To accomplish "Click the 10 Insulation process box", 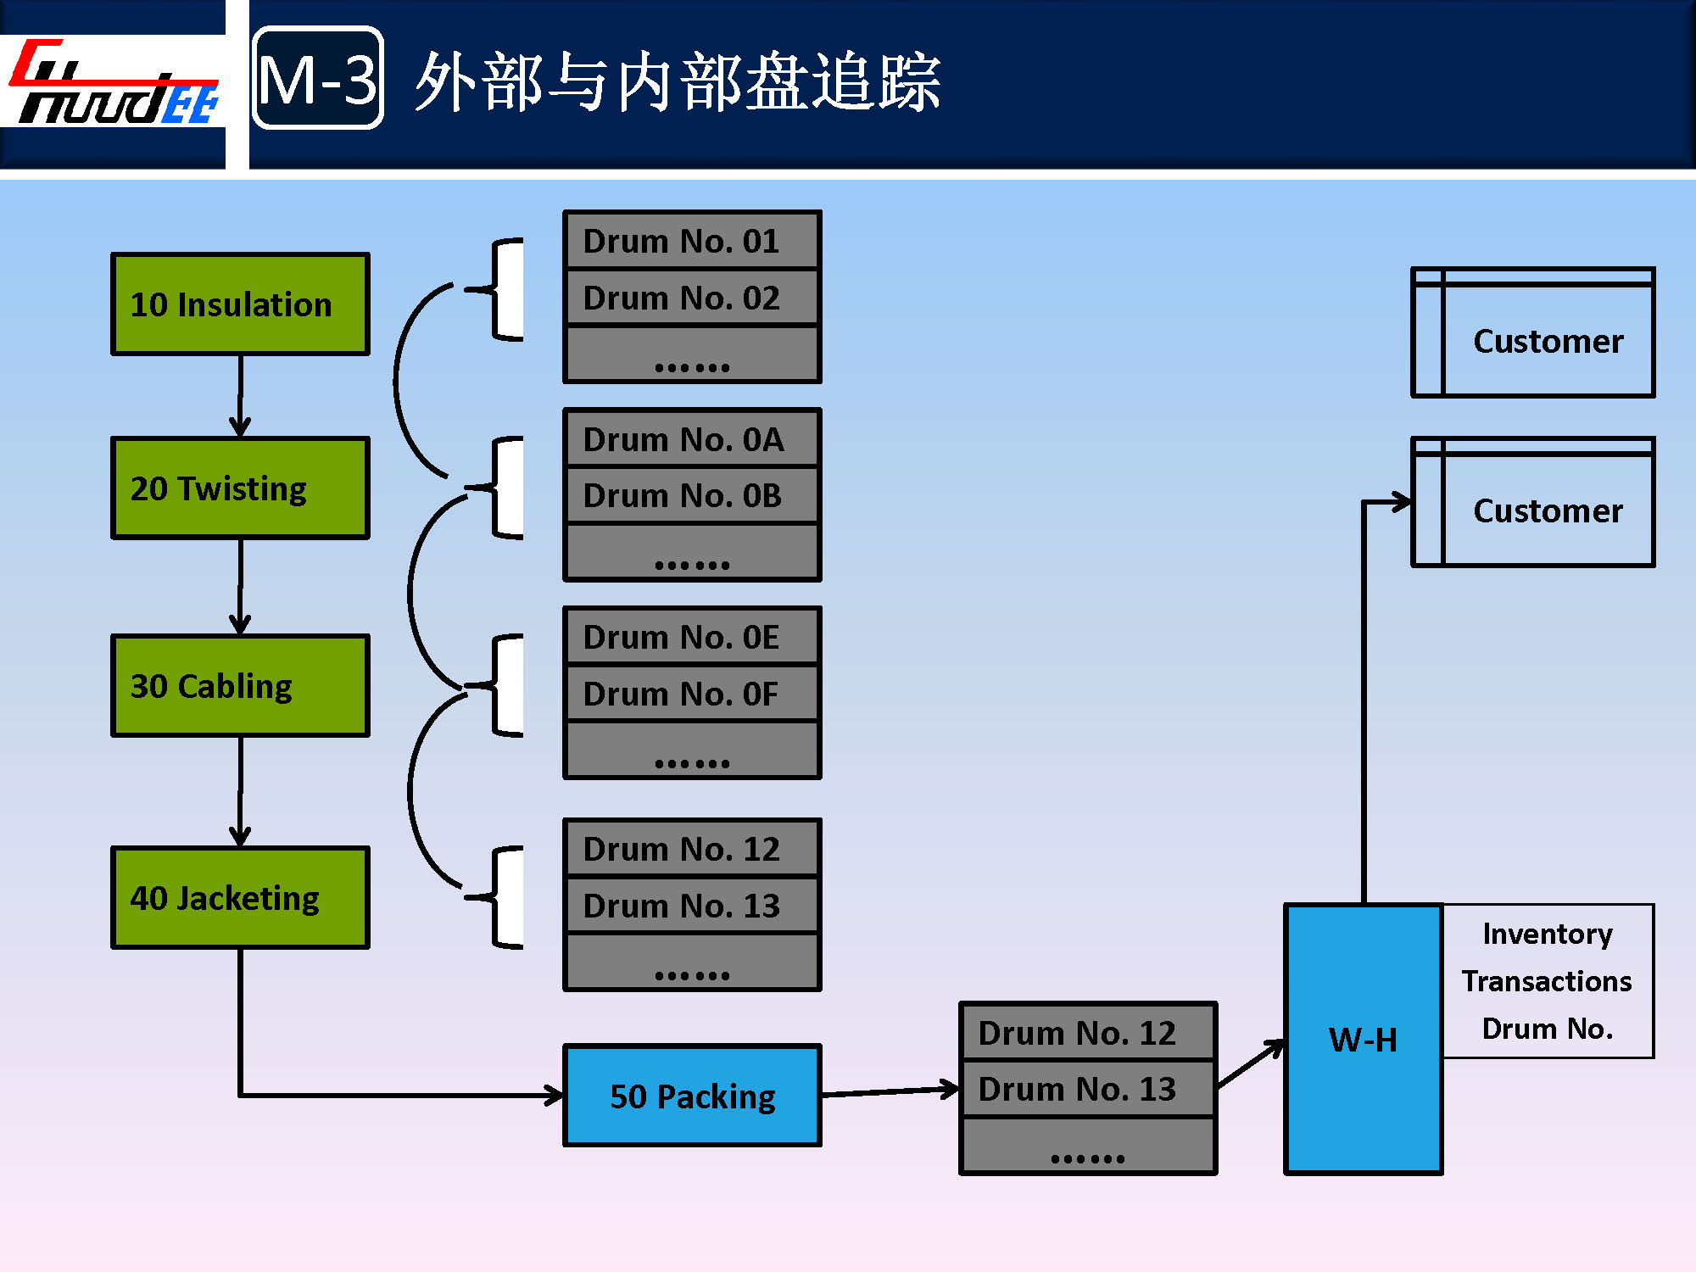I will [240, 304].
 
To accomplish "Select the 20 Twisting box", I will [240, 488].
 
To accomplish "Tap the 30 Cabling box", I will [240, 685].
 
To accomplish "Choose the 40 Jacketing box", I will [240, 897].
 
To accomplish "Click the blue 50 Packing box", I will [692, 1096].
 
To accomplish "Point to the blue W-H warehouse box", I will [1363, 1039].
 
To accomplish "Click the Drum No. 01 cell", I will [692, 241].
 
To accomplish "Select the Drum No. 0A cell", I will [692, 439].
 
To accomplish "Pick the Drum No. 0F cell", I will [692, 694].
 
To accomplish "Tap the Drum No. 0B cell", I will [692, 496].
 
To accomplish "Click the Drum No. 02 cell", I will [692, 298].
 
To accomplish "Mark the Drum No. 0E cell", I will [692, 637].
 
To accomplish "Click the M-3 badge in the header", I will [318, 79].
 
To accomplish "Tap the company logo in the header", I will [114, 83].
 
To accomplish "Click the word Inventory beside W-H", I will [1547, 934].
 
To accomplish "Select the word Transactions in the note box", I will [1547, 981].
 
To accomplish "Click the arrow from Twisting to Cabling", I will [240, 587].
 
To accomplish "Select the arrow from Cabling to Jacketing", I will [240, 791].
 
